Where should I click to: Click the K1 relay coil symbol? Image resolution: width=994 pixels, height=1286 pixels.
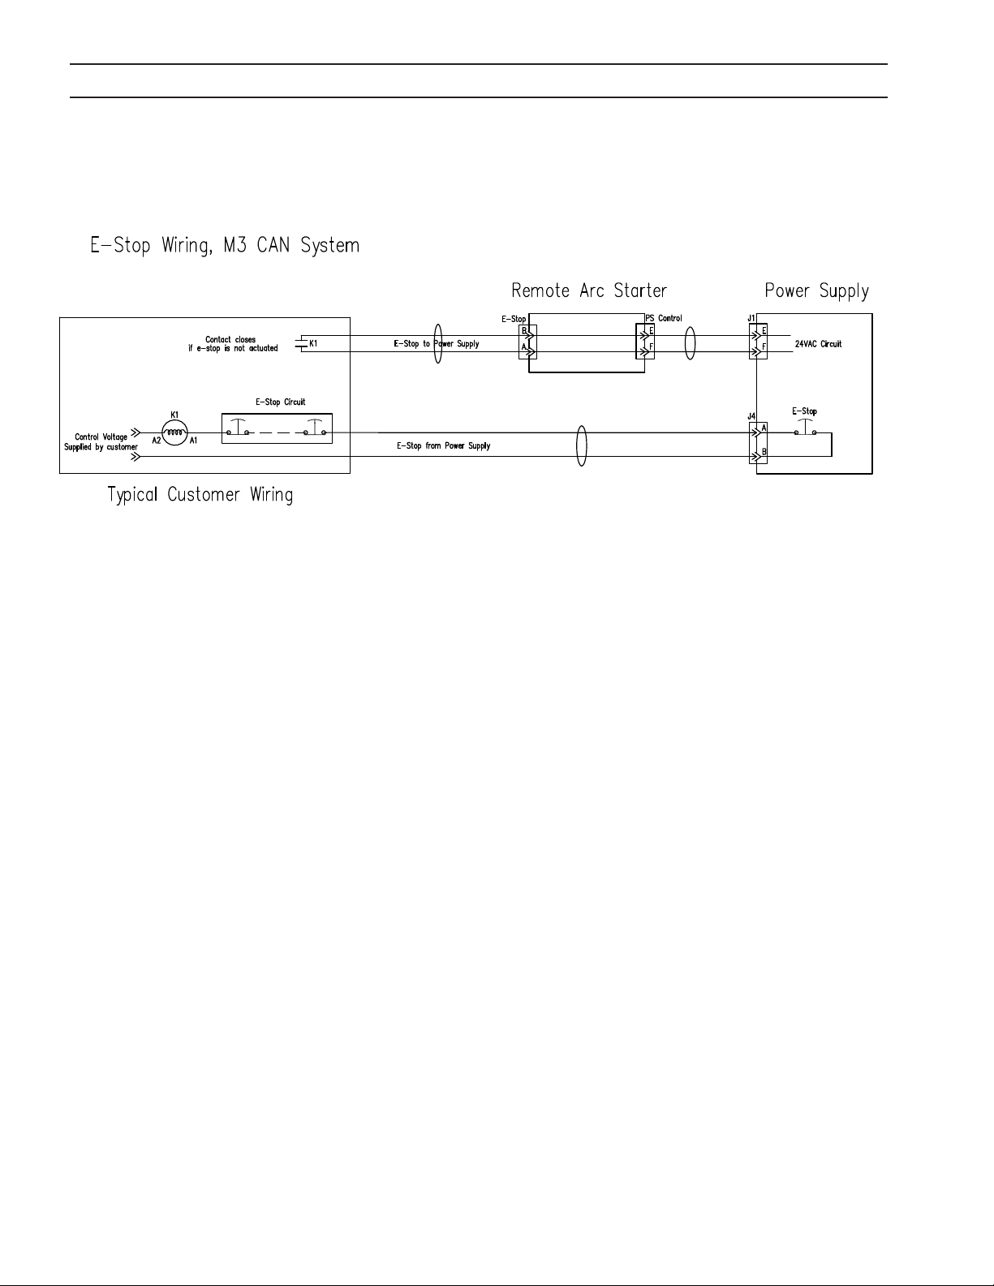(174, 434)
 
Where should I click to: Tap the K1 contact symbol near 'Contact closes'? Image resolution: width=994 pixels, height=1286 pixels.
(302, 344)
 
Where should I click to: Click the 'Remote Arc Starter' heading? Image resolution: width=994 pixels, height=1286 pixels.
(589, 290)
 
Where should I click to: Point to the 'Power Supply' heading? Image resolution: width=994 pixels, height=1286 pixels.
(816, 290)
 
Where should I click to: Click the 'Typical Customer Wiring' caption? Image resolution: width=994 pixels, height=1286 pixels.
(200, 494)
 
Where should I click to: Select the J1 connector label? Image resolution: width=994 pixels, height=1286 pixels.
(751, 319)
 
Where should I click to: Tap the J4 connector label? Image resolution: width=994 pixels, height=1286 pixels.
(751, 416)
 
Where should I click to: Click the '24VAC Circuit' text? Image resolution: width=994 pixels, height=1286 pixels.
(818, 344)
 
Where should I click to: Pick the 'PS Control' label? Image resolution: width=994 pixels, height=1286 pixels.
(664, 318)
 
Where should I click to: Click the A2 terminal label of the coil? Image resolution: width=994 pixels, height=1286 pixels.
(157, 441)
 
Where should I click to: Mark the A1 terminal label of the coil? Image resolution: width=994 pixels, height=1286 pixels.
(193, 441)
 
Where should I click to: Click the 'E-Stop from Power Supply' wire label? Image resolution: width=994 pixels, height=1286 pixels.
(443, 446)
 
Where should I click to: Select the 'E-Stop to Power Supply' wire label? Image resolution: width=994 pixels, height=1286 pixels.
(437, 344)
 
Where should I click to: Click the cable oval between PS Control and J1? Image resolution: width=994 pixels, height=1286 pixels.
(691, 342)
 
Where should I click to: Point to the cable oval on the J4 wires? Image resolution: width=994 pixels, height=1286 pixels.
(581, 445)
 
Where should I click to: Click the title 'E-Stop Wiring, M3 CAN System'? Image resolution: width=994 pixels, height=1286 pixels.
(225, 244)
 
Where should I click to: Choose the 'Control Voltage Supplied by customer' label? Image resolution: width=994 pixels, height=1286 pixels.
(101, 442)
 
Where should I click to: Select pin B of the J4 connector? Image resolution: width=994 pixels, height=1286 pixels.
(764, 453)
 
